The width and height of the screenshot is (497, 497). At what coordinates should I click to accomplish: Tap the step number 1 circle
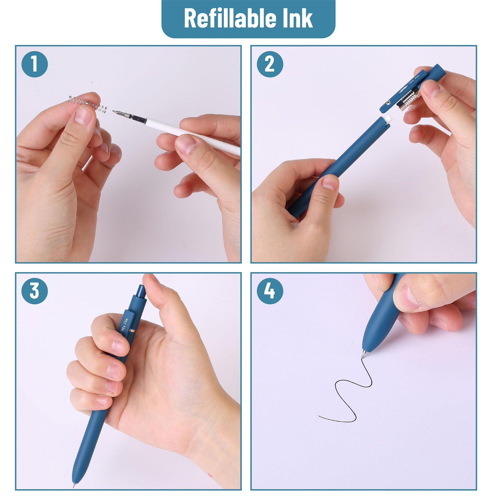coord(35,64)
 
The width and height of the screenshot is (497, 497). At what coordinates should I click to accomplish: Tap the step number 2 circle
coord(270,64)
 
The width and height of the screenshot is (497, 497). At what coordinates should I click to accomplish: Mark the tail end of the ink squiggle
coord(318,416)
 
